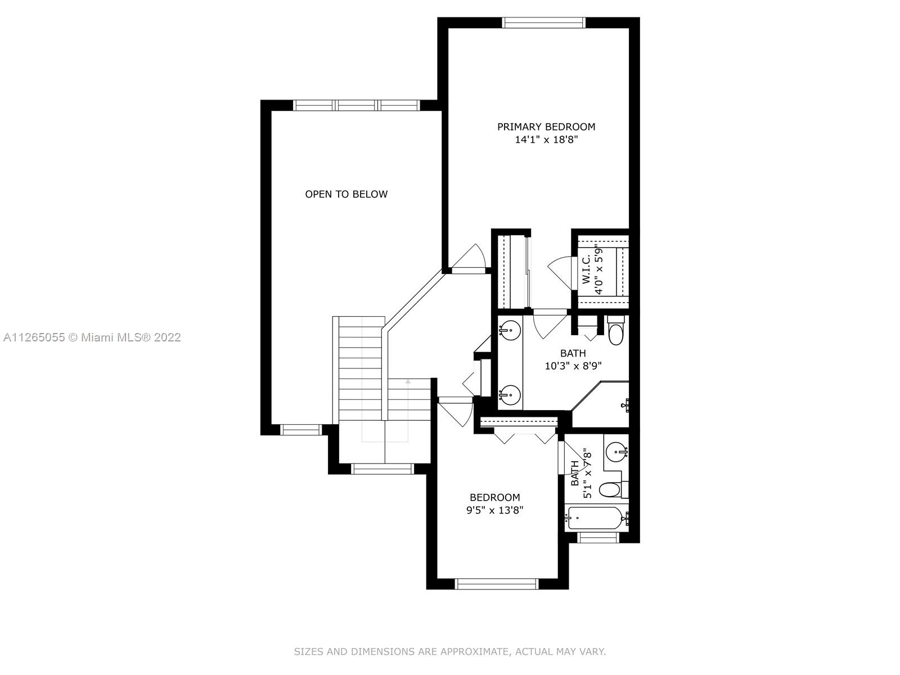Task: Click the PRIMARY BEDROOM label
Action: [546, 127]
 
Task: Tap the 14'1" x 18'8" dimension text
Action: [546, 139]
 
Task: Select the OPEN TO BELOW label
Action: [346, 194]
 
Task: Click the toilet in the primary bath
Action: [616, 330]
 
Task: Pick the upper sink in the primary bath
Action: [510, 330]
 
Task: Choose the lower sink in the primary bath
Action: [510, 395]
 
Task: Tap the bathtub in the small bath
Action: [597, 519]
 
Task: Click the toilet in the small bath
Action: [614, 488]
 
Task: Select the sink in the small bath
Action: [617, 452]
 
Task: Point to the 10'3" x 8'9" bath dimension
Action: [573, 366]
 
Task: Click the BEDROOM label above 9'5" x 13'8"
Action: [494, 497]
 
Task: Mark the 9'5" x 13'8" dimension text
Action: [494, 510]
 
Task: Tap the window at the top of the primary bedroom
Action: [544, 22]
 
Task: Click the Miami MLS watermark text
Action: [92, 337]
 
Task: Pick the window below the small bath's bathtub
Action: [598, 537]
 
